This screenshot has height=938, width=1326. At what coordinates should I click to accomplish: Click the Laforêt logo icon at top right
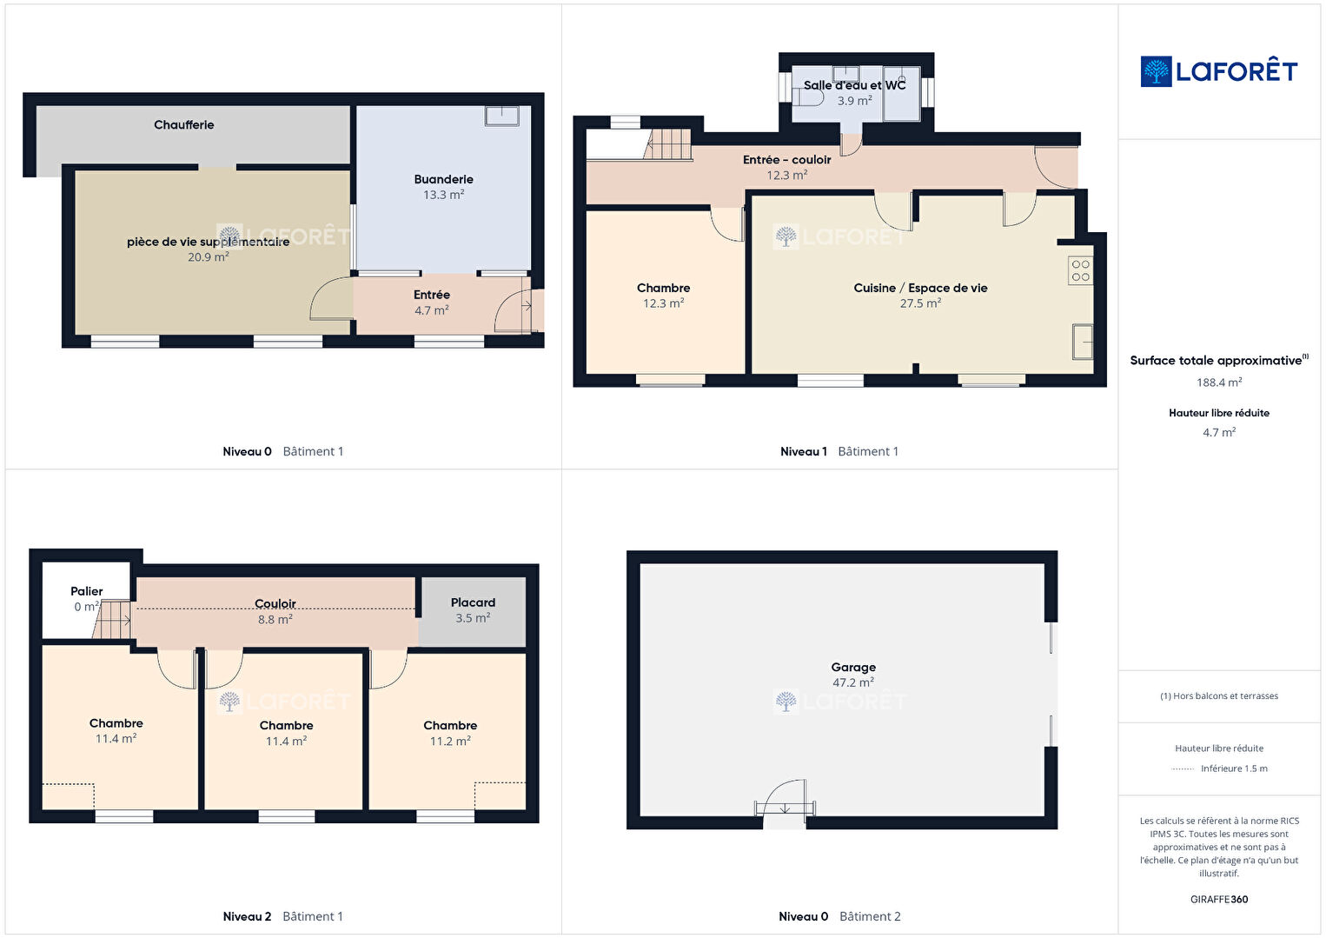pyautogui.click(x=1156, y=71)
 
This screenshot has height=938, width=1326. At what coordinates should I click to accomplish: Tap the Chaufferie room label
pyautogui.click(x=183, y=125)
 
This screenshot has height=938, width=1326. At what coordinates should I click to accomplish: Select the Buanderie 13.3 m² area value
pyautogui.click(x=443, y=195)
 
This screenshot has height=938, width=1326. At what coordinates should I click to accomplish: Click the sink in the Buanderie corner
pyautogui.click(x=502, y=116)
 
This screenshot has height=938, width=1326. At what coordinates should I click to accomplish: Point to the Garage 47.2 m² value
pyautogui.click(x=853, y=682)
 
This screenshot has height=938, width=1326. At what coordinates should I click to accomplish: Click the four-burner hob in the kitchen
pyautogui.click(x=1080, y=270)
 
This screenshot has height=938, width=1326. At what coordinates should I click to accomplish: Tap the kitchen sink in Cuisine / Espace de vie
pyautogui.click(x=1083, y=342)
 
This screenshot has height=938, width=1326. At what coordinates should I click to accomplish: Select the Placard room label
pyautogui.click(x=473, y=602)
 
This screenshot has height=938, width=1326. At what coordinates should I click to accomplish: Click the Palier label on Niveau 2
pyautogui.click(x=86, y=591)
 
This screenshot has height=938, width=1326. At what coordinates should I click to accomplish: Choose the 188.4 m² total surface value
pyautogui.click(x=1219, y=383)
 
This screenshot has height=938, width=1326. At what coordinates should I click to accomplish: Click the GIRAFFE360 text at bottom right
pyautogui.click(x=1219, y=899)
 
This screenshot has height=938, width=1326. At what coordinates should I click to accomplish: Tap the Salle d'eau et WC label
pyautogui.click(x=854, y=85)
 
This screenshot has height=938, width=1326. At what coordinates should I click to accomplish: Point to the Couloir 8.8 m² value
pyautogui.click(x=275, y=620)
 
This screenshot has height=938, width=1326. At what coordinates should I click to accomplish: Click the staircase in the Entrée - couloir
pyautogui.click(x=667, y=144)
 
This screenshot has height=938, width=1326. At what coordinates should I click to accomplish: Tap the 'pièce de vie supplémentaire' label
pyautogui.click(x=208, y=242)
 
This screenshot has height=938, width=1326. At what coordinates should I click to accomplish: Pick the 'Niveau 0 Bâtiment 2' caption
pyautogui.click(x=839, y=916)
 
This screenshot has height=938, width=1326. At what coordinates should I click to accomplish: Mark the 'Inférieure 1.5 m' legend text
pyautogui.click(x=1234, y=768)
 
